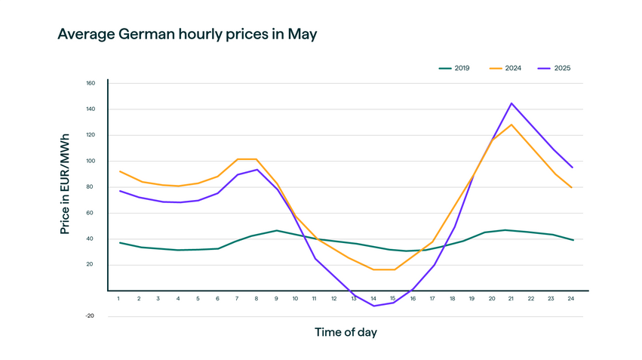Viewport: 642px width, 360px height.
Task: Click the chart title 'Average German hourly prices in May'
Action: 187,35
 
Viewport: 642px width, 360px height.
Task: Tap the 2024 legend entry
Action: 512,69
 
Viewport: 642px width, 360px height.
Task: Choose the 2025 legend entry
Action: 561,69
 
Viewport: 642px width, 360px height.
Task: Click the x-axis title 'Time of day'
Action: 346,332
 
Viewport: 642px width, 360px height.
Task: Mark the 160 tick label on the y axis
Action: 90,83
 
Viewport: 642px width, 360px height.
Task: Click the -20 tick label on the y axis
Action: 90,316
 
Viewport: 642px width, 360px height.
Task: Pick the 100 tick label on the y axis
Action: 90,161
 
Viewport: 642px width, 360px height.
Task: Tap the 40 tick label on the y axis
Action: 91,238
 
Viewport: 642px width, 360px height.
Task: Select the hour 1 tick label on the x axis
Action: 119,299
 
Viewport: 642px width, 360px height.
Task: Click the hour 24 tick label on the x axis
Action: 571,299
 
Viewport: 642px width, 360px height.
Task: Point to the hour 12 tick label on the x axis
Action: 334,299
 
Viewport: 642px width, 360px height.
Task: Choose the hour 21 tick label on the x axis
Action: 511,299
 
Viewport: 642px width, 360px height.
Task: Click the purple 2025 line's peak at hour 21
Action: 511,103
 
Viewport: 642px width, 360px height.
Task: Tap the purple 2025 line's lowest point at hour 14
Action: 373,306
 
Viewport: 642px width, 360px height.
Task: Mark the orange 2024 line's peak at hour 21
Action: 511,125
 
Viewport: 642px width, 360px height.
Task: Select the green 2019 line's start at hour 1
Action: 119,242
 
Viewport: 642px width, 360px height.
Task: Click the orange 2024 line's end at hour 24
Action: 571,187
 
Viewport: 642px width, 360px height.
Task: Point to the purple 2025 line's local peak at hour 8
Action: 256,169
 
